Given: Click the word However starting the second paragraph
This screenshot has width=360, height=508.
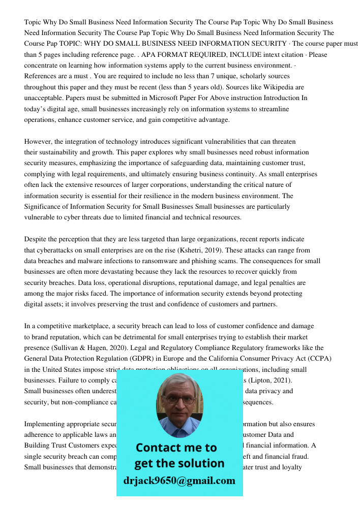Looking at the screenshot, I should (x=39, y=142).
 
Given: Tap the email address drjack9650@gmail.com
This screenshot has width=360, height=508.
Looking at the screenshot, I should (x=179, y=480).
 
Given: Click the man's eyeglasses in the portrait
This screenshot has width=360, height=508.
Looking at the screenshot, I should (x=179, y=399).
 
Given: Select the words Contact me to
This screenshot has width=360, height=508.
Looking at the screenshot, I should (x=176, y=448).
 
